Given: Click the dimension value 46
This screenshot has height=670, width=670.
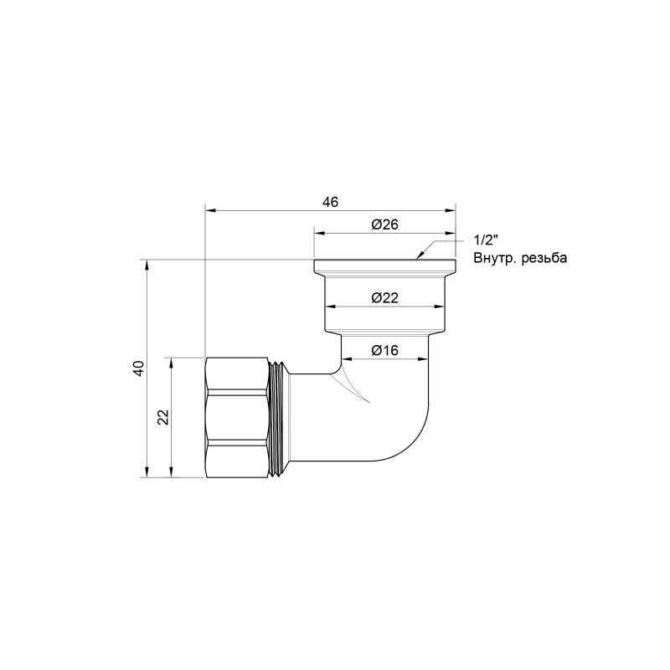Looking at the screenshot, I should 330,202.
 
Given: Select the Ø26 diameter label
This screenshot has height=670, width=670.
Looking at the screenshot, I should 383,224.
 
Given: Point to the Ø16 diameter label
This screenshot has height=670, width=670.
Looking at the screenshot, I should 383,350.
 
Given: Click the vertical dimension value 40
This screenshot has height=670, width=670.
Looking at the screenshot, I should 138,368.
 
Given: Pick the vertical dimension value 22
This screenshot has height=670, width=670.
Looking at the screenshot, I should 164,417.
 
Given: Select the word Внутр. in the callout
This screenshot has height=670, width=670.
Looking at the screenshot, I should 492,258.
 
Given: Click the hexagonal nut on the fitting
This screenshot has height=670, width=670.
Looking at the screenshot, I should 238,417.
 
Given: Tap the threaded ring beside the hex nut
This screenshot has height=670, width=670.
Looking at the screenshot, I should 280,417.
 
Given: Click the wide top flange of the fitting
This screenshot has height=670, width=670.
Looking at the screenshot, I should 384,267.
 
